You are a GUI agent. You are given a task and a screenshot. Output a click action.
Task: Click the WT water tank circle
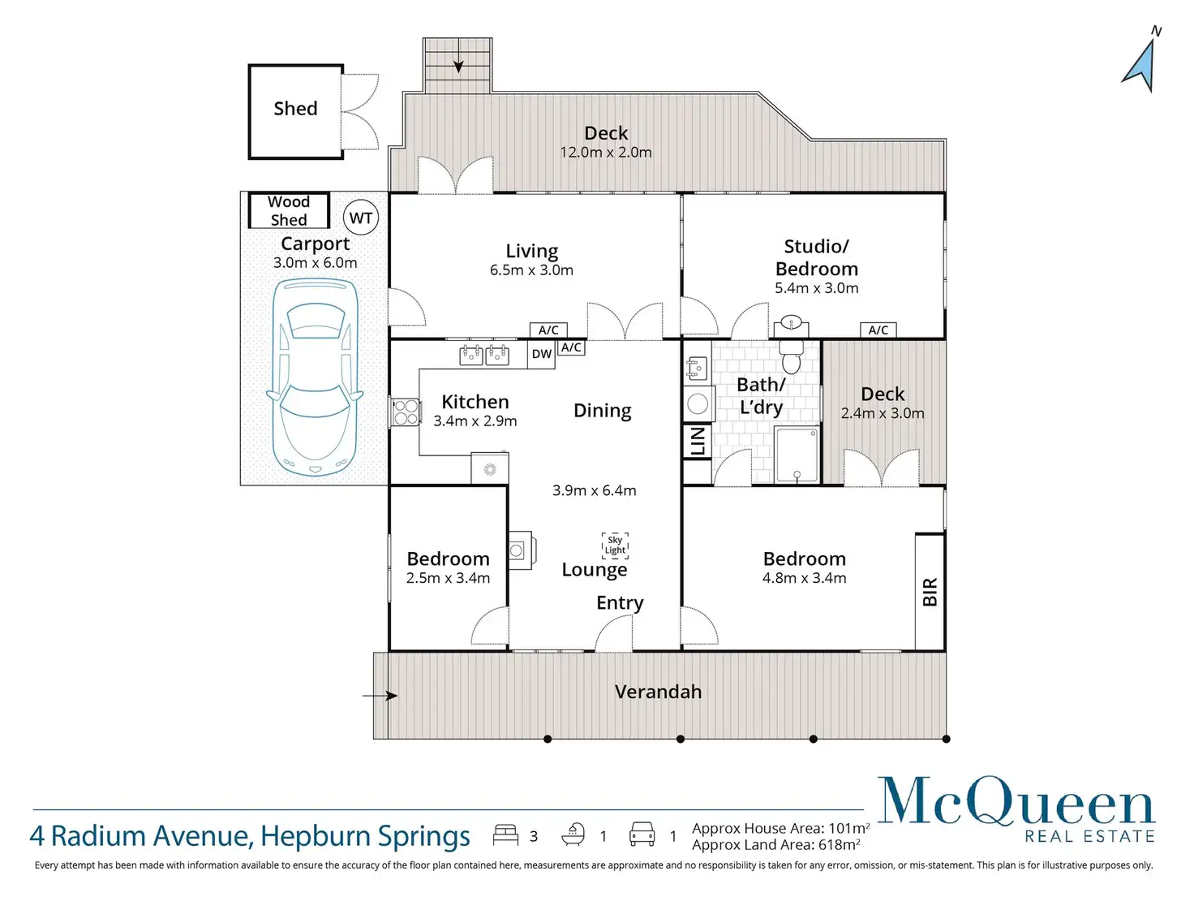[x=361, y=218]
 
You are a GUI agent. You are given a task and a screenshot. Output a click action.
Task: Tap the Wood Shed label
[x=289, y=210]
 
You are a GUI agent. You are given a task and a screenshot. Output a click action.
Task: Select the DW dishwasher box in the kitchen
[x=541, y=355]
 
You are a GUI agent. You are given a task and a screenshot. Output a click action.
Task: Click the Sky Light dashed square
[x=615, y=546]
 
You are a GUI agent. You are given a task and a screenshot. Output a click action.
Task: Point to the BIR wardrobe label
[x=930, y=592]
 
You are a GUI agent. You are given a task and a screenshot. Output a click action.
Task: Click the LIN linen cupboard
[x=698, y=442]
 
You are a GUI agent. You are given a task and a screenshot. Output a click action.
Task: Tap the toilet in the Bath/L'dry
[x=791, y=356]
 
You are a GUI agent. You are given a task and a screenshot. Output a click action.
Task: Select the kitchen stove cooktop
[x=406, y=412]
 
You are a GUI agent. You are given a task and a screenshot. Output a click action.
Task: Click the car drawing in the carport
[x=315, y=377]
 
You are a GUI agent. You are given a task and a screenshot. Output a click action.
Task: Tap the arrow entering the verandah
[x=380, y=696]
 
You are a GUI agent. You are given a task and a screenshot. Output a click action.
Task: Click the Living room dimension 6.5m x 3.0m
[x=531, y=270]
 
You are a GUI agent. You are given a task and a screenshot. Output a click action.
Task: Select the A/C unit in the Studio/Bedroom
[x=878, y=330]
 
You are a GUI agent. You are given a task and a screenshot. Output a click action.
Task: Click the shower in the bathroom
[x=797, y=455]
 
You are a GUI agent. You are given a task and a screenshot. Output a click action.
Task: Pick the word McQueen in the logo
[x=1016, y=800]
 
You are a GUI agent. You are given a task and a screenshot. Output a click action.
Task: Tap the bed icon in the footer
[x=505, y=835]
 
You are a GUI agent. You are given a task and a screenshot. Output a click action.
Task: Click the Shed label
[x=295, y=108]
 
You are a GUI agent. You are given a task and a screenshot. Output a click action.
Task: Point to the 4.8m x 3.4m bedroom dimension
[x=804, y=578]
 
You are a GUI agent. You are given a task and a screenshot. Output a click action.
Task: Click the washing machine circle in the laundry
[x=698, y=404]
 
